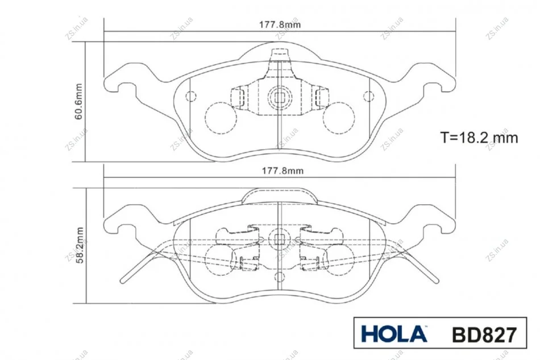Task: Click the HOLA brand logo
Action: (x=394, y=333)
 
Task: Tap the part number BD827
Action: (x=484, y=334)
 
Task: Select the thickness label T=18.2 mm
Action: (x=479, y=138)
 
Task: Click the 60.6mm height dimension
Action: (x=79, y=102)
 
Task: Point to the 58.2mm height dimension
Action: (x=80, y=245)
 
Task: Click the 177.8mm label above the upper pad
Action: (x=280, y=25)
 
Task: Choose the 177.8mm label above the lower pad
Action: (x=283, y=171)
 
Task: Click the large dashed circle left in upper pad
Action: (x=221, y=118)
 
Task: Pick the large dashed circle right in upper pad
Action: (x=339, y=118)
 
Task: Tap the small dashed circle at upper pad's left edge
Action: (x=191, y=96)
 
